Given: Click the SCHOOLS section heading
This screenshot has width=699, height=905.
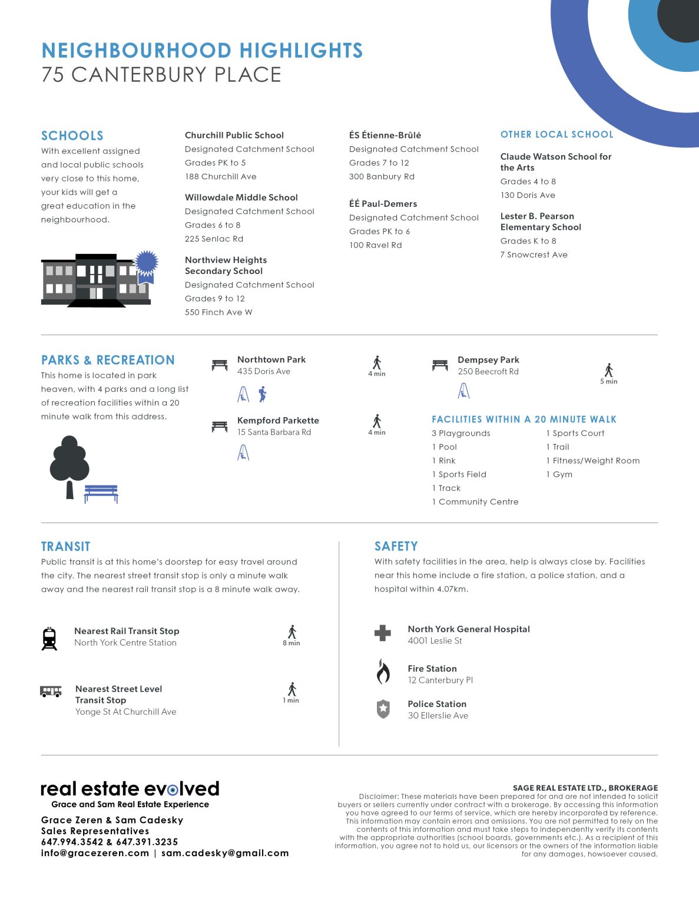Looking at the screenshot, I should tap(72, 136).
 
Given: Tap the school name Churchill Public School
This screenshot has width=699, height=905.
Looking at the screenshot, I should tap(234, 135).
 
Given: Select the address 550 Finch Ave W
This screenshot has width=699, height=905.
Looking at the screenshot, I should tap(218, 312).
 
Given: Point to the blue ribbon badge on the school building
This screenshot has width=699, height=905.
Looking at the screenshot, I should tap(147, 263).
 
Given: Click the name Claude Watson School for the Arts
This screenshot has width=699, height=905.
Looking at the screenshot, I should tap(555, 162).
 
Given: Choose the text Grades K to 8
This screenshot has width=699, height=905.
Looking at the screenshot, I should tap(528, 241).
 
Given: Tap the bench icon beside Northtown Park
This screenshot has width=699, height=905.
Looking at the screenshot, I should tap(220, 365).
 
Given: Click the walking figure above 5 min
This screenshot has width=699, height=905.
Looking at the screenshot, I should tap(609, 370).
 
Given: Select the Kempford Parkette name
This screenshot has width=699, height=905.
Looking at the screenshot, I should tap(278, 420).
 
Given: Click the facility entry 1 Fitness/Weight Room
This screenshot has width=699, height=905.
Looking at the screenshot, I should tap(592, 461).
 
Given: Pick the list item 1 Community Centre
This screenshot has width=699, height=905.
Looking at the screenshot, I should tap(475, 502).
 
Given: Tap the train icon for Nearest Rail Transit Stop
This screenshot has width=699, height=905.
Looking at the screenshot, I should tap(49, 639).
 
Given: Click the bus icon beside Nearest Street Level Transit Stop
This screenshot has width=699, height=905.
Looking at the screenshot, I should tap(51, 691).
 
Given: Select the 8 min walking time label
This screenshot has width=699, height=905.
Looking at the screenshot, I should tap(291, 643).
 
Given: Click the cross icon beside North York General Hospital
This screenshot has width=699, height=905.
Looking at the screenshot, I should tap(383, 633).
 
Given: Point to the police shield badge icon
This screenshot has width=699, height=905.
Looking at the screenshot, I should tap(383, 709).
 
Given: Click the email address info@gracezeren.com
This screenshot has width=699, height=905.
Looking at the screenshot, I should tap(95, 853).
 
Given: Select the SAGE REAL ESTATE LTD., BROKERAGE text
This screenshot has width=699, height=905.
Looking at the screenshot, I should tap(585, 788).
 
